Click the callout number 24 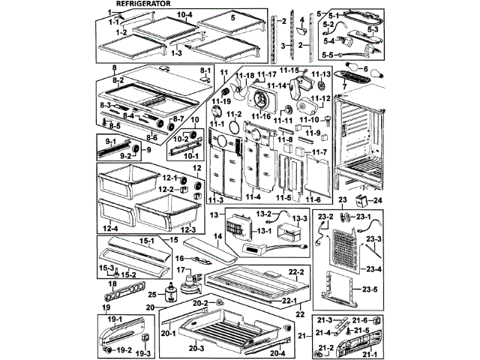coord(378,200)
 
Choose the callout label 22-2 coord(295,271)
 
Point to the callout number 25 coord(151,295)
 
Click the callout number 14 coord(218,235)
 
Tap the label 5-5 coord(327,55)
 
